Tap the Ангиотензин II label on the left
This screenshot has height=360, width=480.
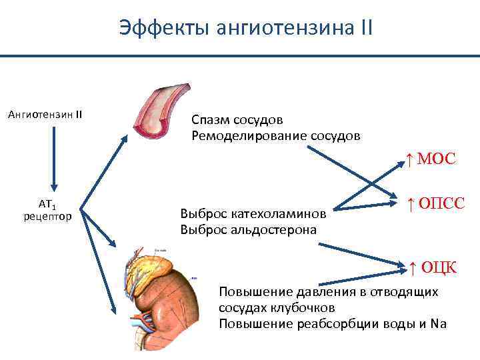pyautogui.click(x=45, y=114)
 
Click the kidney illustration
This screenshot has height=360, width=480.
pyautogui.click(x=167, y=300)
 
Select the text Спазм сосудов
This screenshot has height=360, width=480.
pyautogui.click(x=237, y=120)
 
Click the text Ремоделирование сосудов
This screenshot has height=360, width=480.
pyautogui.click(x=275, y=135)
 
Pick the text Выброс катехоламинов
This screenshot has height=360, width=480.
pyautogui.click(x=253, y=215)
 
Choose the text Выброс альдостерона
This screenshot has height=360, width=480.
pyautogui.click(x=248, y=229)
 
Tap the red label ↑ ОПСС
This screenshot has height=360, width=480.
pyautogui.click(x=435, y=201)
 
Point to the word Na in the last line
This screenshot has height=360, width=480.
pyautogui.click(x=439, y=324)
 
